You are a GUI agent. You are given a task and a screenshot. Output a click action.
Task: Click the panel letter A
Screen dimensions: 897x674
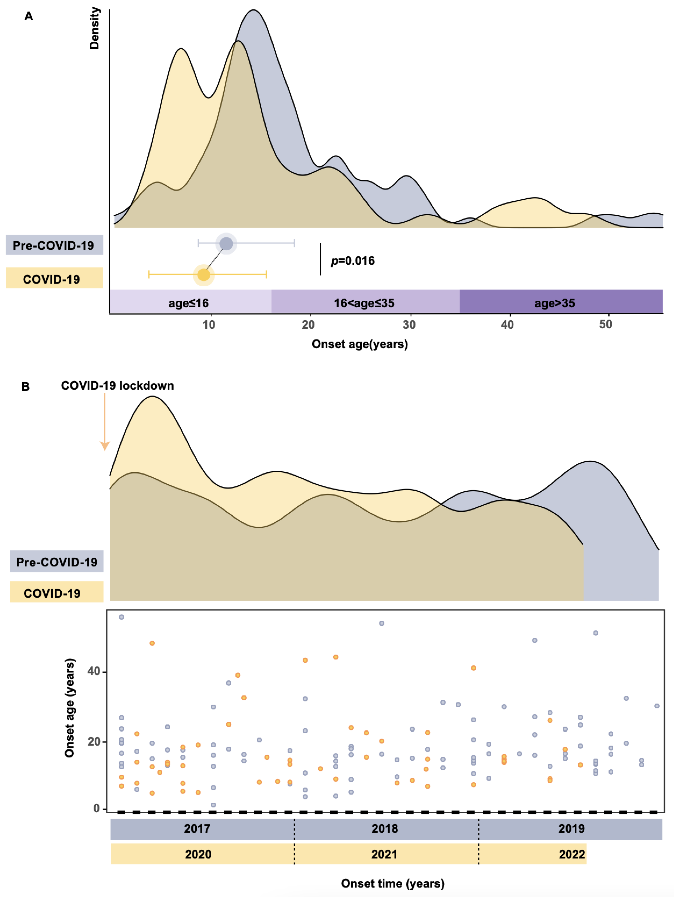click(x=28, y=16)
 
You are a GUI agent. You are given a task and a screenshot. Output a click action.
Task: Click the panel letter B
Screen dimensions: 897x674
click(x=25, y=386)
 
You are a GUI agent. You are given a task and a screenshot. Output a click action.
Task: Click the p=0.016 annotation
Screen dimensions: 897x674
click(x=352, y=261)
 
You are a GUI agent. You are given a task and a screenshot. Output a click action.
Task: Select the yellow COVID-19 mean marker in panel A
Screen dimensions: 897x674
click(x=204, y=275)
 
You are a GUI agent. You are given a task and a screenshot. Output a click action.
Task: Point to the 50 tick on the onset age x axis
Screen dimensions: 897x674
click(x=605, y=324)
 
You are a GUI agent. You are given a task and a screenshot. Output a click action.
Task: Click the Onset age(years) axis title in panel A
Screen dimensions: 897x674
click(x=360, y=344)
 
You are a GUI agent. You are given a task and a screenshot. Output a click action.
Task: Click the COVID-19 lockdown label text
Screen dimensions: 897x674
click(x=117, y=386)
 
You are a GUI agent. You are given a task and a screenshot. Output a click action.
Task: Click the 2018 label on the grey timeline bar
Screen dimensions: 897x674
click(x=384, y=828)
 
